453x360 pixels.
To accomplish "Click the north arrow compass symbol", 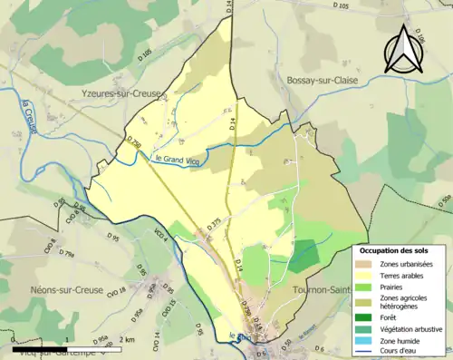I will click(404, 49).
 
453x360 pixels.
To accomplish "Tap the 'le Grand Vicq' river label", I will click(175, 159).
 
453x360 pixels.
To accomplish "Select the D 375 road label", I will click(214, 223).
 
